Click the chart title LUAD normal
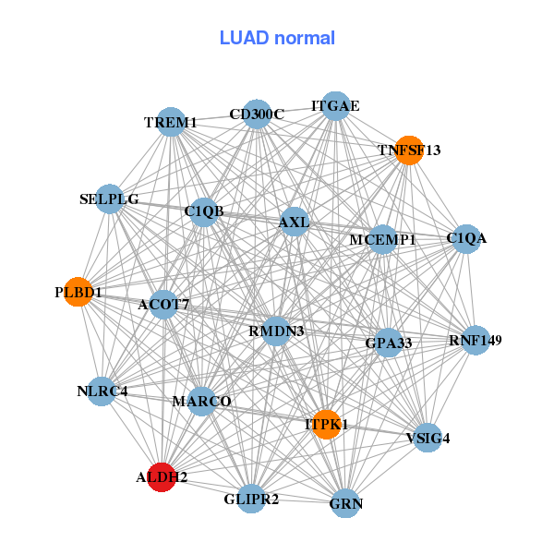[x=277, y=38]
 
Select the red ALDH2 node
[x=162, y=477]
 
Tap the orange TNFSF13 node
[x=409, y=150]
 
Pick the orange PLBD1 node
[x=78, y=292]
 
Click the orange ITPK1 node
[x=326, y=425]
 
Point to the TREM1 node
[x=172, y=122]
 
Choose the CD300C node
[x=258, y=114]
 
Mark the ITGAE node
[x=335, y=106]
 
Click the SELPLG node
[x=110, y=199]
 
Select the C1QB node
[x=204, y=211]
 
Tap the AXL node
[x=294, y=222]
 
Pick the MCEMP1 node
[x=382, y=239]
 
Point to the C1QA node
[x=465, y=238]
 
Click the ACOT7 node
[x=163, y=305]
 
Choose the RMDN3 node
[x=276, y=331]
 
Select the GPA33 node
[x=388, y=343]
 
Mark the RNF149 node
[x=476, y=341]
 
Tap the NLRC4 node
[x=102, y=391]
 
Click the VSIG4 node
[x=428, y=438]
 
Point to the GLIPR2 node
[x=251, y=499]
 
